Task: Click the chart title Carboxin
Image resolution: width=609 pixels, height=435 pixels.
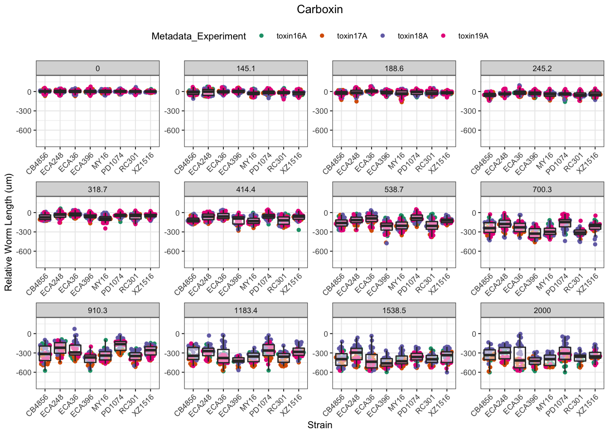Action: pyautogui.click(x=319, y=10)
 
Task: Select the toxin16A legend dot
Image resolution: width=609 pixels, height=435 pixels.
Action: pyautogui.click(x=261, y=36)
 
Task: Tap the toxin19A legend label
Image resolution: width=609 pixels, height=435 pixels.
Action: pyautogui.click(x=473, y=36)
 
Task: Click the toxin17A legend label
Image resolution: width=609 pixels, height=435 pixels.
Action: pyautogui.click(x=352, y=36)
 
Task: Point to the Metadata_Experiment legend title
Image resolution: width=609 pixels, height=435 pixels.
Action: pyautogui.click(x=198, y=36)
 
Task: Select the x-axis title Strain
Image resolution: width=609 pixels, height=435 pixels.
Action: pyautogui.click(x=319, y=425)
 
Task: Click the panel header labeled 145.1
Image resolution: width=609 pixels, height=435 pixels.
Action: pyautogui.click(x=246, y=68)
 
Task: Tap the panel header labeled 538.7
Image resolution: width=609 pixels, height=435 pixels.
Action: pyautogui.click(x=394, y=189)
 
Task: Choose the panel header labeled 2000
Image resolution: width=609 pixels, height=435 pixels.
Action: pyautogui.click(x=542, y=310)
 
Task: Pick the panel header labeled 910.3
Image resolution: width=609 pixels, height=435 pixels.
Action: pyautogui.click(x=97, y=310)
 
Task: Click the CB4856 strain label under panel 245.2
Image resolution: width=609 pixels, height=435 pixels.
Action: pyautogui.click(x=482, y=164)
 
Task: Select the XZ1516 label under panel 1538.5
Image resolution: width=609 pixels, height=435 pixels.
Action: pyautogui.click(x=440, y=406)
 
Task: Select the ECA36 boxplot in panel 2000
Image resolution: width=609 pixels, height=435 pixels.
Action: pyautogui.click(x=519, y=356)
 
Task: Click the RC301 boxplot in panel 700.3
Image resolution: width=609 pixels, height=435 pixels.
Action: pyautogui.click(x=580, y=232)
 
